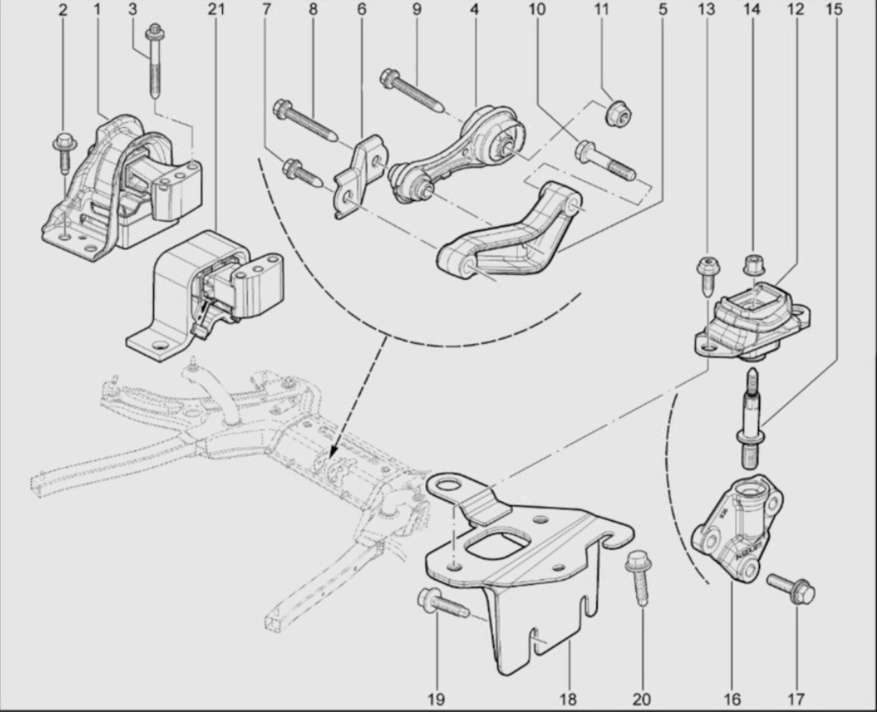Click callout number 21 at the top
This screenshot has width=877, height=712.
coord(216,10)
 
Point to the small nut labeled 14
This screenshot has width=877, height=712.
coord(752,265)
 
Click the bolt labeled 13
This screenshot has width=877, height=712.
coord(706,275)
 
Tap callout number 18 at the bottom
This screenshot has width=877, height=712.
coord(567,700)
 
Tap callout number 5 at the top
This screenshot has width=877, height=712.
coord(662,10)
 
